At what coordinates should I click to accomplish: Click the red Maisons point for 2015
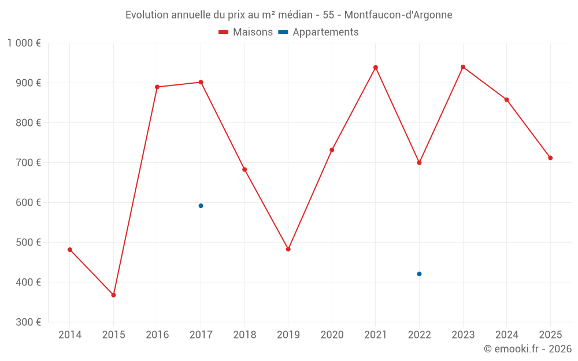tap(113, 295)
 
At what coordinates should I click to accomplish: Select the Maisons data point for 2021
tap(376, 68)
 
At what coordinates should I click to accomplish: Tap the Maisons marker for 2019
tap(288, 249)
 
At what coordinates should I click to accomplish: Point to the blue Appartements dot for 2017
tap(201, 206)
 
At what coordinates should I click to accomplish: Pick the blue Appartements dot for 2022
tap(419, 274)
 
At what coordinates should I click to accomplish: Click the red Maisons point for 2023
tap(463, 67)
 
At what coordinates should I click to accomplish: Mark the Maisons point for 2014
tap(70, 250)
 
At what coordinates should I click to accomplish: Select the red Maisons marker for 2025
tap(550, 158)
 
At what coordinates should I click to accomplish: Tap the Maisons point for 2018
tap(244, 169)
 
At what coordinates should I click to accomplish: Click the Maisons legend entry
tap(246, 32)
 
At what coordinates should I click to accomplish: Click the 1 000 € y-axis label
tap(24, 43)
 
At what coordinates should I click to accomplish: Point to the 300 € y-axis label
tap(28, 322)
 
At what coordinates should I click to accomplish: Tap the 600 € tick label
tap(28, 202)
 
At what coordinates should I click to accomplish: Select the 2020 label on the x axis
tap(332, 335)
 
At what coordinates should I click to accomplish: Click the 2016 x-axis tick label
tap(157, 335)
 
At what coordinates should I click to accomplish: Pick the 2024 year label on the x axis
tap(506, 335)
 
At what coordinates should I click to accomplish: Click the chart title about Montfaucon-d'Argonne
tap(289, 15)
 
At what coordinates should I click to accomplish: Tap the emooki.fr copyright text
tap(528, 349)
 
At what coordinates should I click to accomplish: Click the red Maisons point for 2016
tap(157, 87)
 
